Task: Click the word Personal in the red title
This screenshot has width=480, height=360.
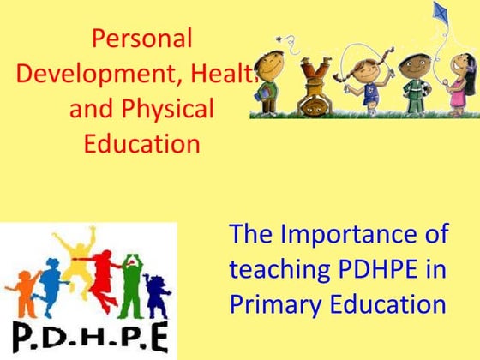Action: click(141, 39)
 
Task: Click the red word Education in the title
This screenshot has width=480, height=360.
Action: click(141, 143)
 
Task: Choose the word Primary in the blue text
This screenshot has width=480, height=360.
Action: click(273, 304)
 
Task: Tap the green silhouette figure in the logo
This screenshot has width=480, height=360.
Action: click(130, 283)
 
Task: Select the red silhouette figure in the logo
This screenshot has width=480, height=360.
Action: click(103, 274)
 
